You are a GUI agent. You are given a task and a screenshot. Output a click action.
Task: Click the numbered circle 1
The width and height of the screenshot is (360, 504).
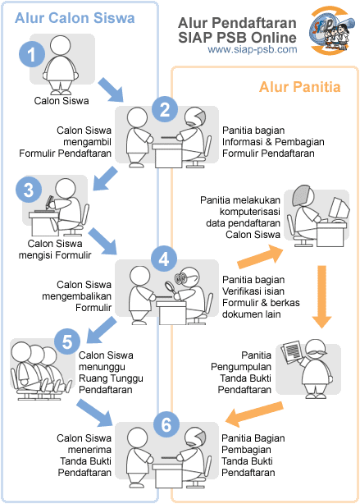point(30,55)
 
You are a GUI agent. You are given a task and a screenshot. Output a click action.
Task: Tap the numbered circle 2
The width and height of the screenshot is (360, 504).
point(165,109)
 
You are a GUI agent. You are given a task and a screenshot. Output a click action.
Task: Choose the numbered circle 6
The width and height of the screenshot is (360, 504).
point(166,424)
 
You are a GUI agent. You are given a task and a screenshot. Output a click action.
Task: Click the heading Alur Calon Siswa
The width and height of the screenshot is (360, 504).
point(62,18)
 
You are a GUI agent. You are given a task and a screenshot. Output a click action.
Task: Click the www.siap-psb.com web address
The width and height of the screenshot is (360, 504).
point(252,49)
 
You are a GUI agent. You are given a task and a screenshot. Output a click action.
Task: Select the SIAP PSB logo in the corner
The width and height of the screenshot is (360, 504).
point(329,29)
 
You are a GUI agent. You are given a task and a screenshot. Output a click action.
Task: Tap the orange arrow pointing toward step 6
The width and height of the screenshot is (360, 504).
point(248,416)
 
